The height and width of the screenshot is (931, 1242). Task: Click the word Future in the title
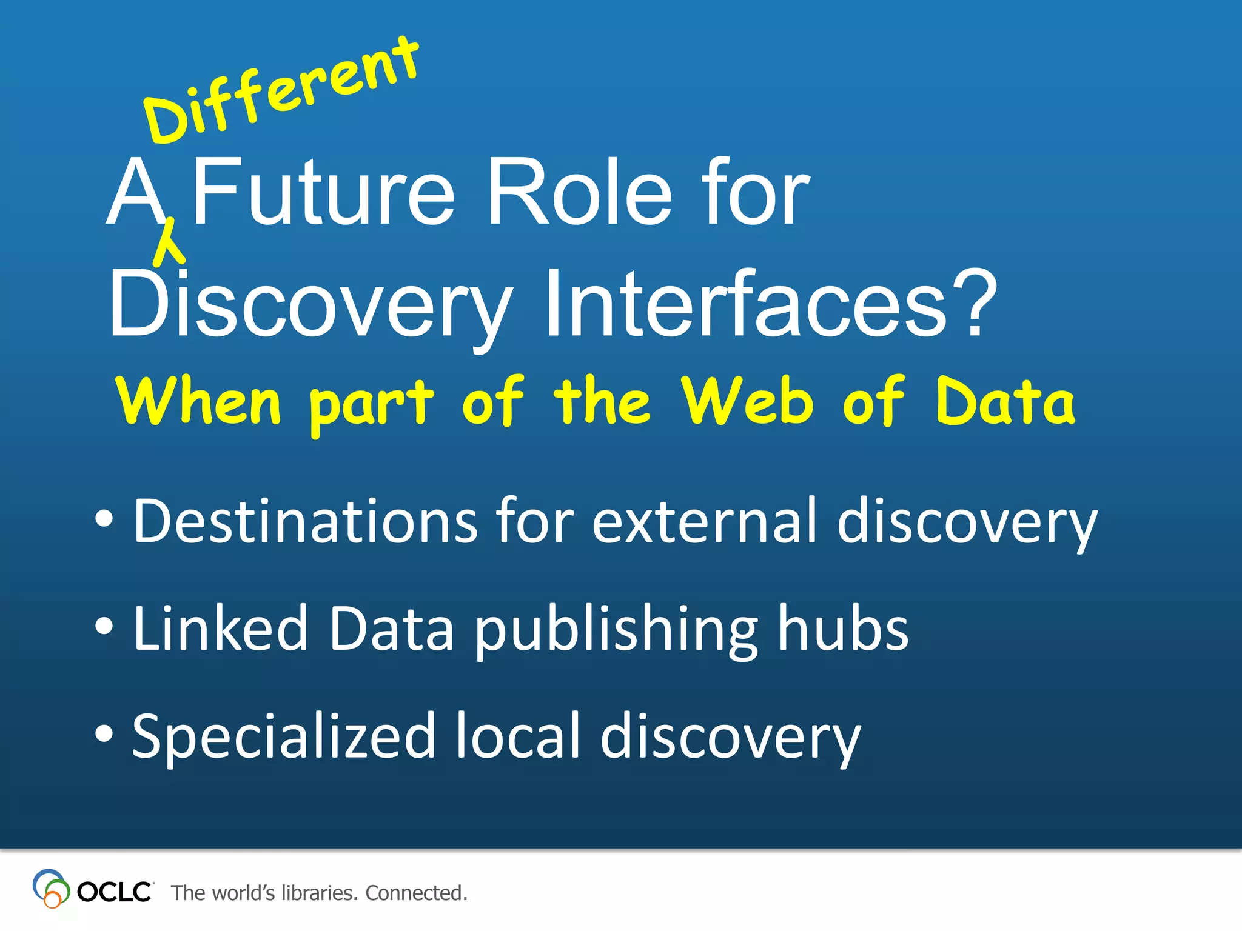(x=323, y=192)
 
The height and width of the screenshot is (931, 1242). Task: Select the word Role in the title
(x=579, y=192)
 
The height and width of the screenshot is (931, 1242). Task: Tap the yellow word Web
(x=747, y=401)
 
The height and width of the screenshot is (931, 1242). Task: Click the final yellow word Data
(x=1005, y=401)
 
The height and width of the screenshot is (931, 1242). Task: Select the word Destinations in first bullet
(x=305, y=521)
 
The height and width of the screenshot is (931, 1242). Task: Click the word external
(x=703, y=521)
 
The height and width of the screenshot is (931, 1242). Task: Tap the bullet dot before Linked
(x=104, y=627)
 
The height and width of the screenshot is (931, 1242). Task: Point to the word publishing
(x=616, y=630)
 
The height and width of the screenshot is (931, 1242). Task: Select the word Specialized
(x=283, y=736)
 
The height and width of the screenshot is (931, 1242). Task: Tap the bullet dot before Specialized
(x=104, y=733)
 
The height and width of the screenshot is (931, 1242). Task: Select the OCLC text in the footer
(x=114, y=892)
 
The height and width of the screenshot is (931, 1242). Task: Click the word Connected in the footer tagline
(x=416, y=893)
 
